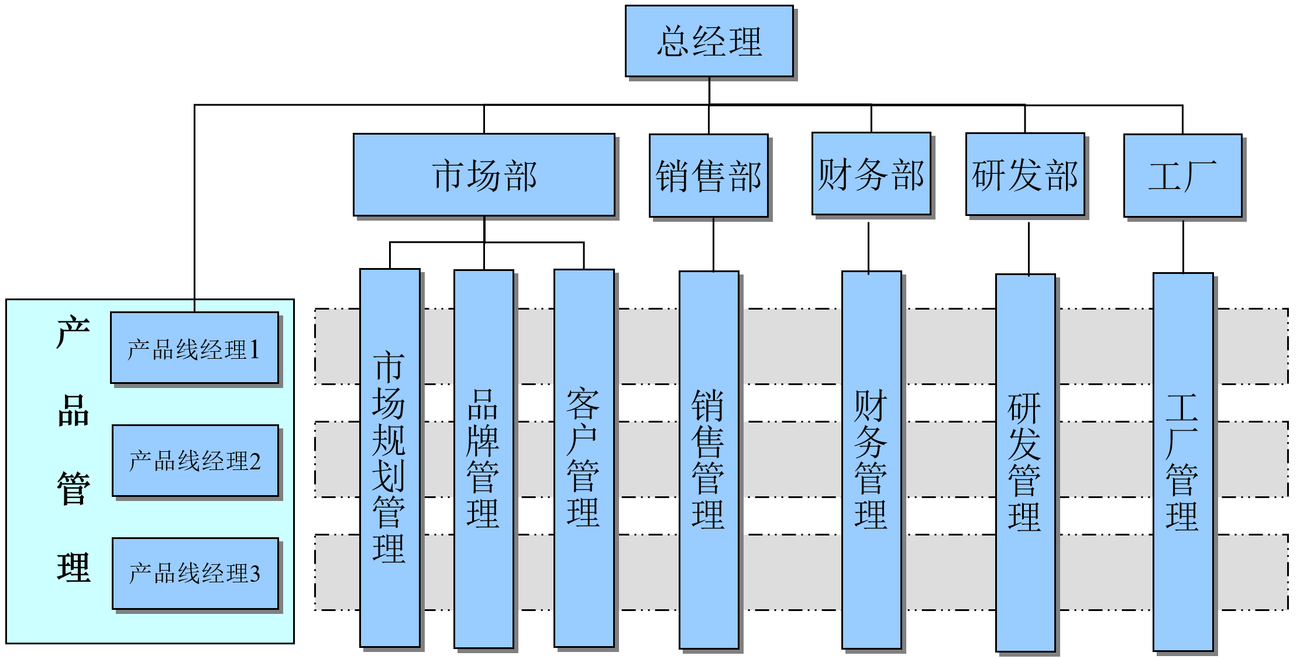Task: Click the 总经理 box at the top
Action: click(709, 41)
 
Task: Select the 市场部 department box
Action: click(484, 175)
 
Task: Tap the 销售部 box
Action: click(709, 176)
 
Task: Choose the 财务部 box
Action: click(871, 174)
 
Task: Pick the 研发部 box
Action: click(1025, 174)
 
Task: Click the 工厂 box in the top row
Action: click(1182, 176)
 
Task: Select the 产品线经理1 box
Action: click(194, 348)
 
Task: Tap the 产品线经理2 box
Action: click(195, 461)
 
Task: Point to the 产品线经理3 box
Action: click(195, 574)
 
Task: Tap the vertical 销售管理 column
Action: click(709, 459)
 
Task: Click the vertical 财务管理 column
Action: click(871, 459)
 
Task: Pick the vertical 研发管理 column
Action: click(1025, 462)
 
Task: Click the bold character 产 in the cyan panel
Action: click(73, 332)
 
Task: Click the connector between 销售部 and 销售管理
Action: click(713, 244)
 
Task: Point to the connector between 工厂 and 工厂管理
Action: click(1183, 246)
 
